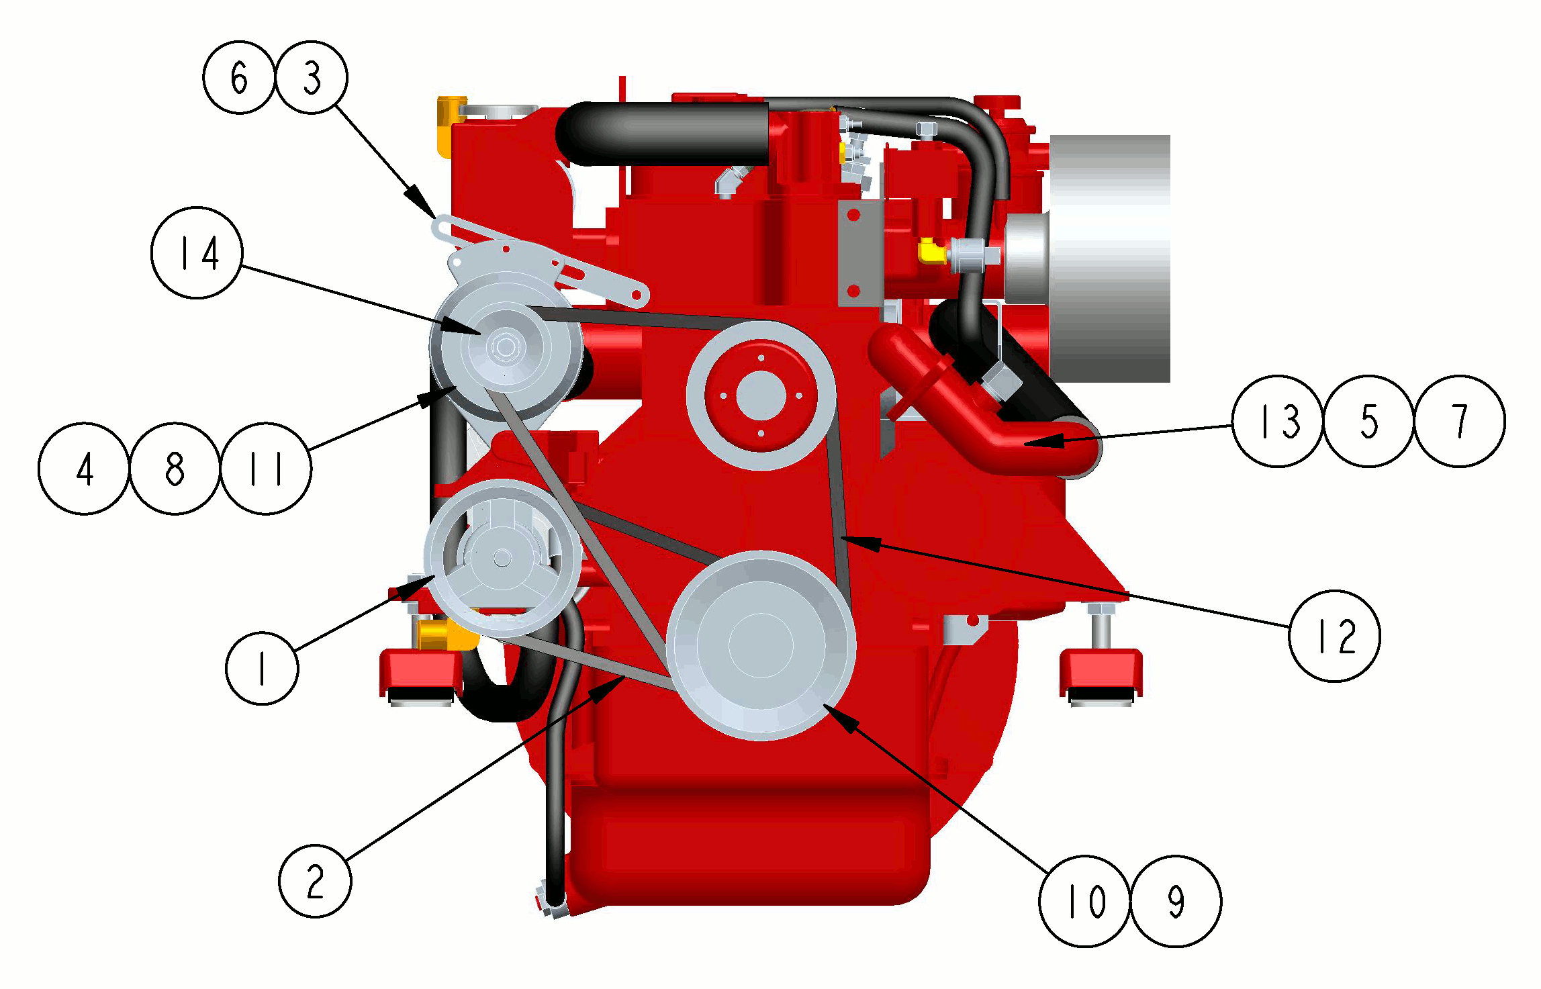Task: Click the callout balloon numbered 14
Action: click(197, 252)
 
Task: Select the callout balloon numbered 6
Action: click(239, 77)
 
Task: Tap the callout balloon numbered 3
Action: click(312, 77)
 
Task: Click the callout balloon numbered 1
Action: click(262, 668)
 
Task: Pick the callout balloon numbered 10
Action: click(1084, 901)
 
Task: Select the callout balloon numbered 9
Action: click(1176, 901)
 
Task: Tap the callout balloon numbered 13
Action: click(1278, 421)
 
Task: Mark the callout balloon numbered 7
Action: click(1460, 421)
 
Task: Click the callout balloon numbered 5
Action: click(1369, 421)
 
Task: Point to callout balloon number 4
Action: click(84, 469)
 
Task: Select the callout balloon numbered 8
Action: click(175, 469)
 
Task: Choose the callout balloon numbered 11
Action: click(266, 469)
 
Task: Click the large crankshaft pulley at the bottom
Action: click(761, 646)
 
